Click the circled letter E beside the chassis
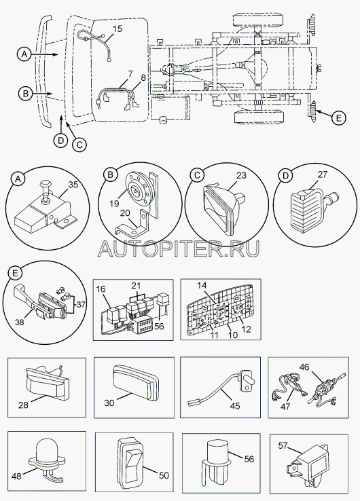click(338, 118)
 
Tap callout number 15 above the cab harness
click(118, 29)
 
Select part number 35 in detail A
click(73, 185)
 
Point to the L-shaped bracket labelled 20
click(132, 221)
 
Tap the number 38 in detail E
click(20, 322)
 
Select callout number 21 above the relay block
click(137, 285)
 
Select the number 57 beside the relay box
click(283, 445)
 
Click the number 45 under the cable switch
click(234, 405)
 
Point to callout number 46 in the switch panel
click(304, 367)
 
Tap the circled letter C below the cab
click(79, 145)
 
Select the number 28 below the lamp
click(23, 405)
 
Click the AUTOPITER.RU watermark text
click(179, 248)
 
